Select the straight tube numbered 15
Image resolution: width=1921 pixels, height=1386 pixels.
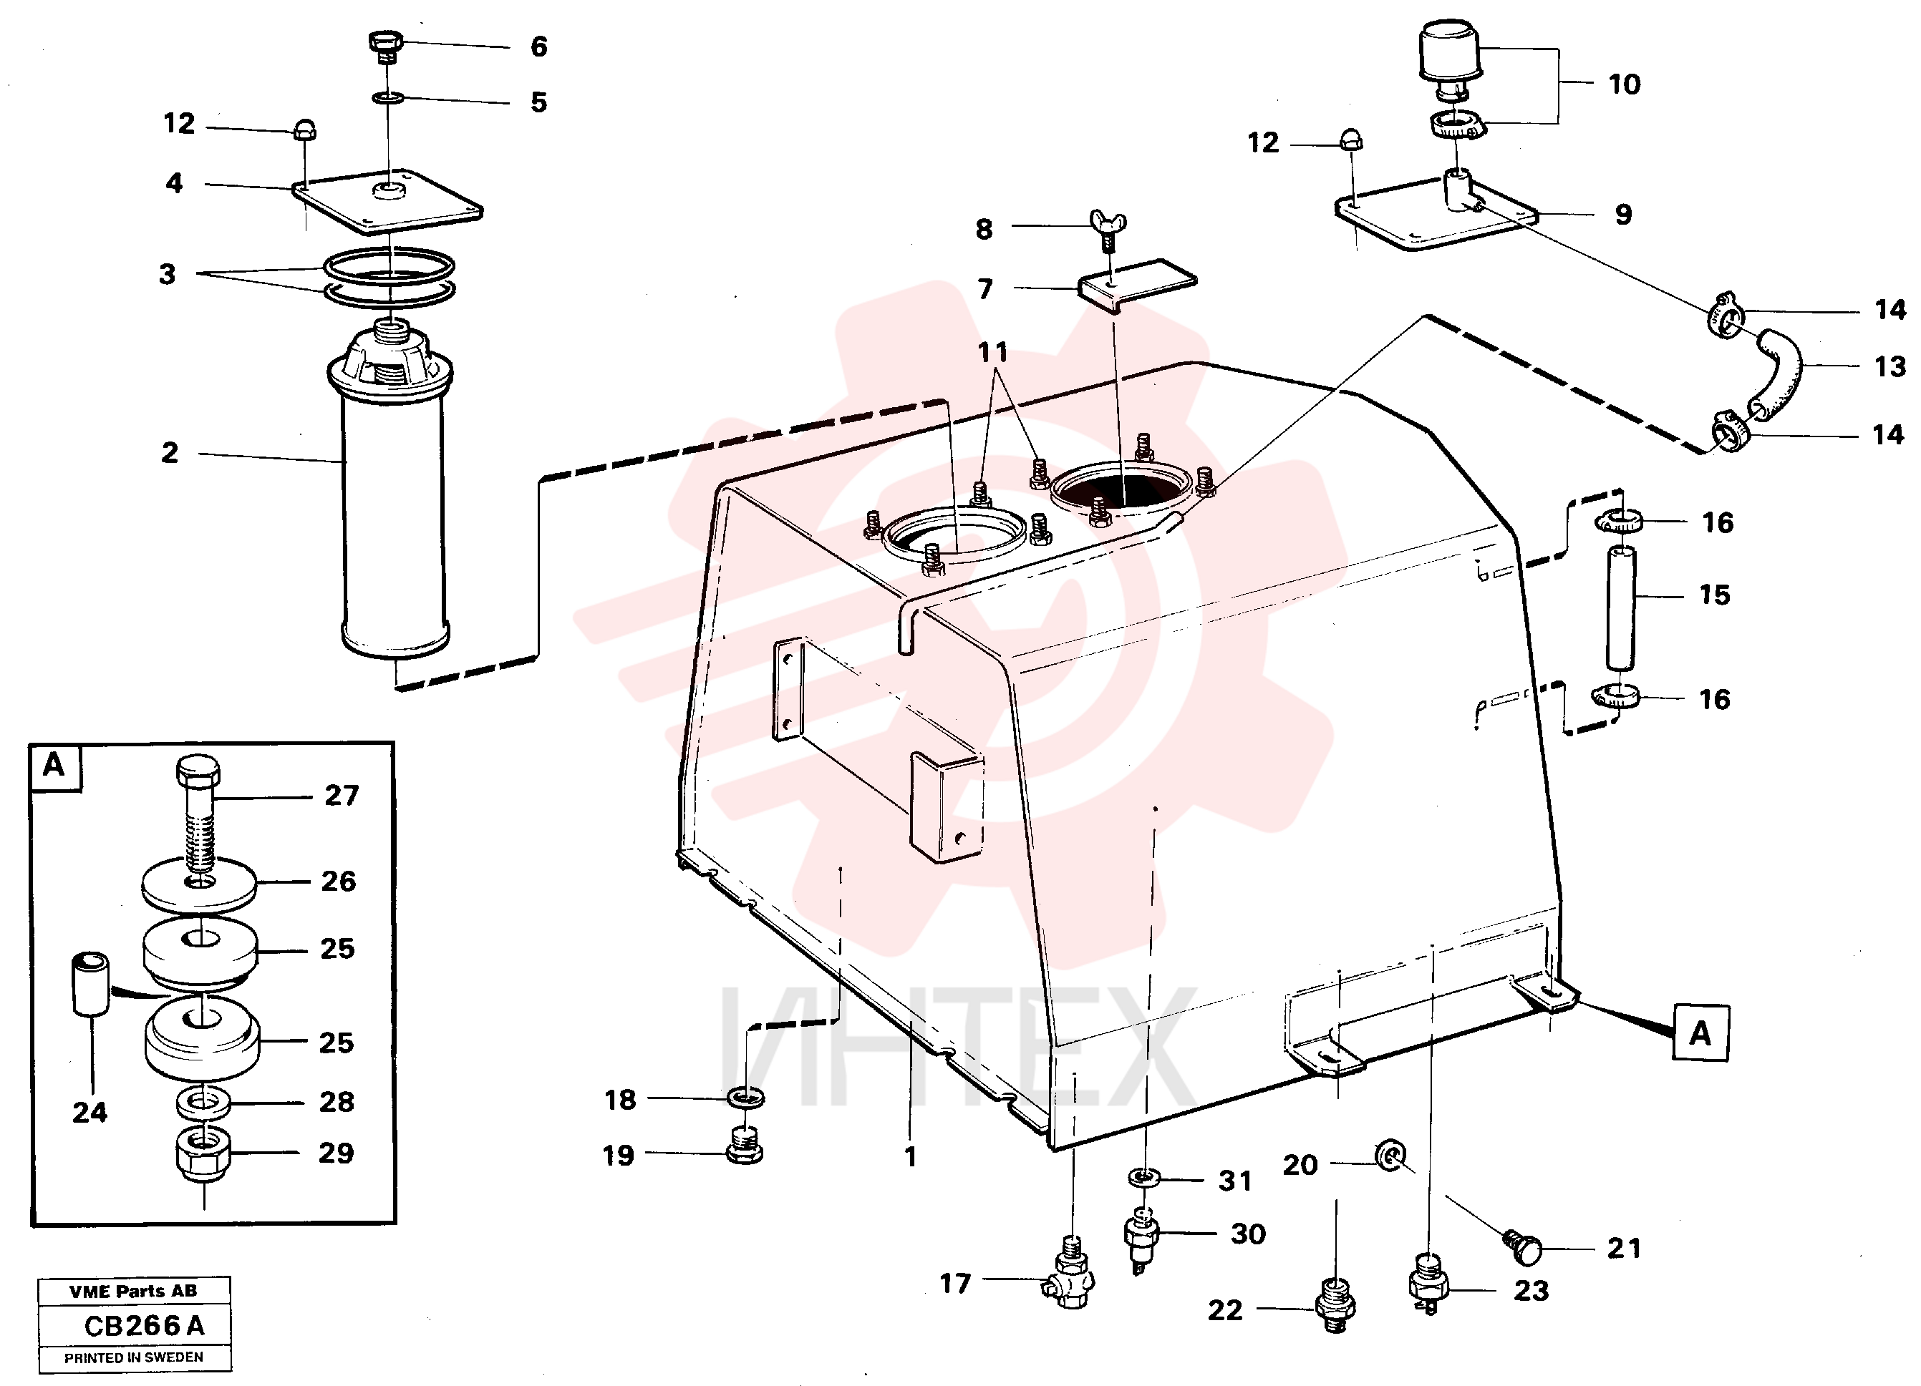(1621, 608)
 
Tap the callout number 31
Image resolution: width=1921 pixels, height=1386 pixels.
(1235, 1180)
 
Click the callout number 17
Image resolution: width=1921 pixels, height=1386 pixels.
(954, 1284)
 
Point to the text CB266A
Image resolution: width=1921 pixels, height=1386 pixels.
(144, 1326)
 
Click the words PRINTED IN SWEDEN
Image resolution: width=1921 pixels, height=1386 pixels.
(134, 1358)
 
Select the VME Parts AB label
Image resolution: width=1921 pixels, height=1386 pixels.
(133, 1291)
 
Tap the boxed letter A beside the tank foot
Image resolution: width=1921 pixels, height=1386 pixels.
(1700, 1033)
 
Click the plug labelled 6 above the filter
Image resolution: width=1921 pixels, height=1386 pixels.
(385, 47)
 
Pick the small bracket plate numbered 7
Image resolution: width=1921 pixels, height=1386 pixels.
(1137, 286)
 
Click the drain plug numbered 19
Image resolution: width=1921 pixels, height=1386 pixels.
(745, 1146)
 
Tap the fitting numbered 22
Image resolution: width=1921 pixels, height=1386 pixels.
(1336, 1303)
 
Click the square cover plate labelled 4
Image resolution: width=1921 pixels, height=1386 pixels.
(387, 200)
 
